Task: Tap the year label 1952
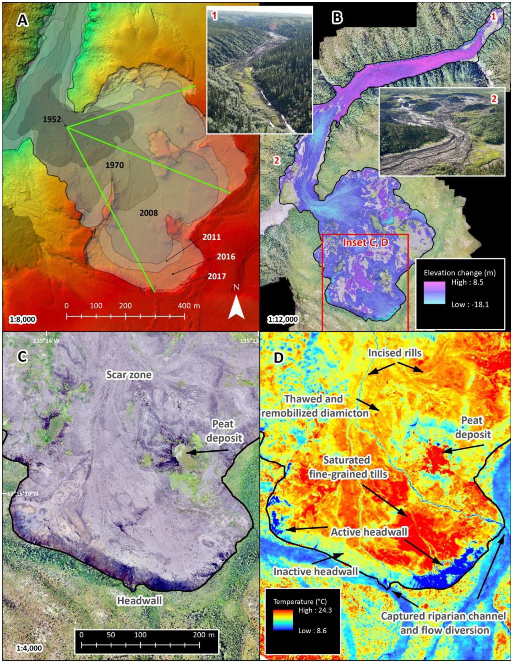pyautogui.click(x=52, y=119)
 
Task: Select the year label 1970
pyautogui.click(x=115, y=165)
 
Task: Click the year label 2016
pyautogui.click(x=226, y=257)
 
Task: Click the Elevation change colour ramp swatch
pyautogui.click(x=434, y=293)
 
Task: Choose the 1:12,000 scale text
pyautogui.click(x=283, y=319)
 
